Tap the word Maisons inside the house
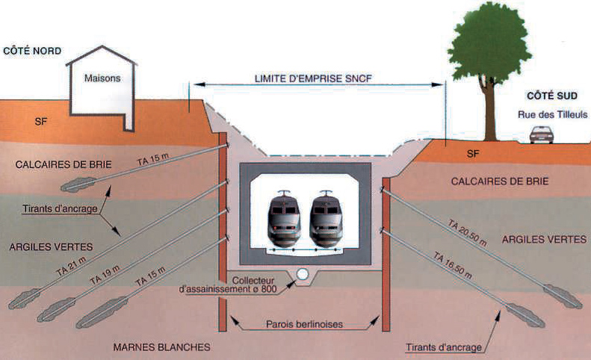point(102,78)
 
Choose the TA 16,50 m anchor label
point(454,264)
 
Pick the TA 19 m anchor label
point(105,276)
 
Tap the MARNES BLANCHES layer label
point(161,347)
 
